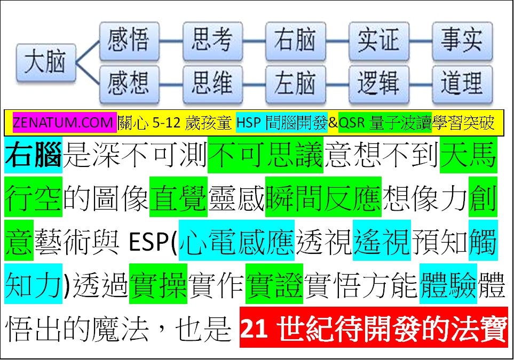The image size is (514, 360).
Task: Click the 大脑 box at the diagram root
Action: point(46,62)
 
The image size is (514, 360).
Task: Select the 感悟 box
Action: point(130,41)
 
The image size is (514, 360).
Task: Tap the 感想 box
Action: point(130,84)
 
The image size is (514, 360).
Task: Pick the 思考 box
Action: point(213,41)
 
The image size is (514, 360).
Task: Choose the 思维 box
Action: point(213,84)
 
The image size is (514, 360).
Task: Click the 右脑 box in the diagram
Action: point(296,41)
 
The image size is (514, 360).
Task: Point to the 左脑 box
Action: point(296,84)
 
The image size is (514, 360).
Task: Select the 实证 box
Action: point(379,41)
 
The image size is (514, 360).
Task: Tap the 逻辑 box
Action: point(379,84)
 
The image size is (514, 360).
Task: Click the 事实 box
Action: point(462,41)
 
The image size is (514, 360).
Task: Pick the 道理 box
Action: point(462,84)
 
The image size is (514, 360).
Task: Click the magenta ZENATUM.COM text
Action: point(65,123)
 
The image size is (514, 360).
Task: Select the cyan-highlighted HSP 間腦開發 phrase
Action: point(282,123)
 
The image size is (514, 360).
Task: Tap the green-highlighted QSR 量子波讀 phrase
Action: point(385,123)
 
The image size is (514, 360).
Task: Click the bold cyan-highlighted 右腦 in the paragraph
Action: point(33,155)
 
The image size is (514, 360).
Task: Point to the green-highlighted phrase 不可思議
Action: point(265,155)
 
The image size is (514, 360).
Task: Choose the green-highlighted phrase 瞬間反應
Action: point(323,197)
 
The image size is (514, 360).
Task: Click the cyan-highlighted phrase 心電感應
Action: point(236,241)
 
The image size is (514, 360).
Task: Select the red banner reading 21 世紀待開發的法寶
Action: point(374,327)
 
